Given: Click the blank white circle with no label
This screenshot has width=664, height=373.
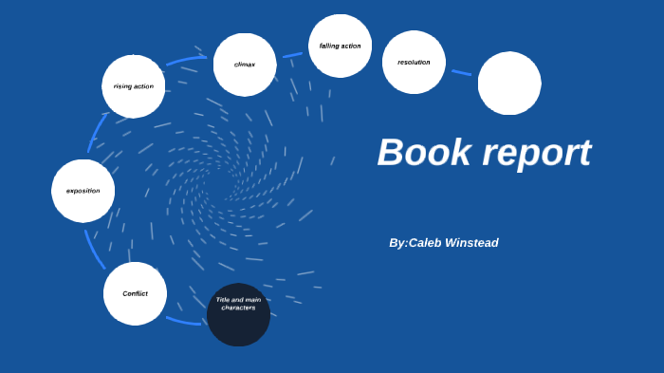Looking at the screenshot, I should tap(509, 84).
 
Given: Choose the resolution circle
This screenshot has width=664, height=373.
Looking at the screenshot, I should tap(414, 63).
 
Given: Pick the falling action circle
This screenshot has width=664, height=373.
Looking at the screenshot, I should tap(340, 46).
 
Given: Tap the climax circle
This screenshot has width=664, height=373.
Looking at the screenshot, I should tap(245, 65).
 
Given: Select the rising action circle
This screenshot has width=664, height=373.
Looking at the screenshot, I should tap(134, 86).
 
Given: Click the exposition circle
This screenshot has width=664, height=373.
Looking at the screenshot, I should tap(83, 191).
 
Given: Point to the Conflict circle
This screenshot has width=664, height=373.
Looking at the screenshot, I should tap(135, 293).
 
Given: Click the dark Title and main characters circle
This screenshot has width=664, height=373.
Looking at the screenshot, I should tap(238, 315).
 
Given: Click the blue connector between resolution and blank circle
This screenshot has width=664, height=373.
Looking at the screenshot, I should tap(461, 72).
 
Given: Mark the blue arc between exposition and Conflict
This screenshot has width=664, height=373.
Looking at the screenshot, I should tap(94, 249).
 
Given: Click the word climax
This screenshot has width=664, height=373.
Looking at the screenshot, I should tap(245, 65).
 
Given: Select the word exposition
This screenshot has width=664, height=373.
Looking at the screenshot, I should tap(83, 191).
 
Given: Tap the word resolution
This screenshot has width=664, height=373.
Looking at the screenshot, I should tap(414, 63).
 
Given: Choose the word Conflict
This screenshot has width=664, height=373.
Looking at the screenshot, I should tap(135, 293).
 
